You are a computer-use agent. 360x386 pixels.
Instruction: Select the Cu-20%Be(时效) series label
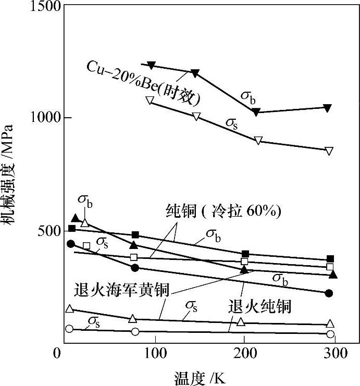tap(143, 85)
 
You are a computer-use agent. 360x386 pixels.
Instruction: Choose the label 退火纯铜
tap(259, 306)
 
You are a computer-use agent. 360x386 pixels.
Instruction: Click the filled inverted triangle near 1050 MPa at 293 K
tap(328, 108)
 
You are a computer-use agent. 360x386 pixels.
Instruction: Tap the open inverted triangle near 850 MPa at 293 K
tap(329, 151)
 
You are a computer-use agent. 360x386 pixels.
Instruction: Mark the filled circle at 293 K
tap(329, 293)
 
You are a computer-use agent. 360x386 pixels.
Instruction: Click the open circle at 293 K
tap(330, 334)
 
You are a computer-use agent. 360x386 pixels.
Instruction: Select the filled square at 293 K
tap(330, 259)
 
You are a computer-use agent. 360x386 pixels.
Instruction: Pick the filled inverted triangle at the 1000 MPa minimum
tap(256, 113)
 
